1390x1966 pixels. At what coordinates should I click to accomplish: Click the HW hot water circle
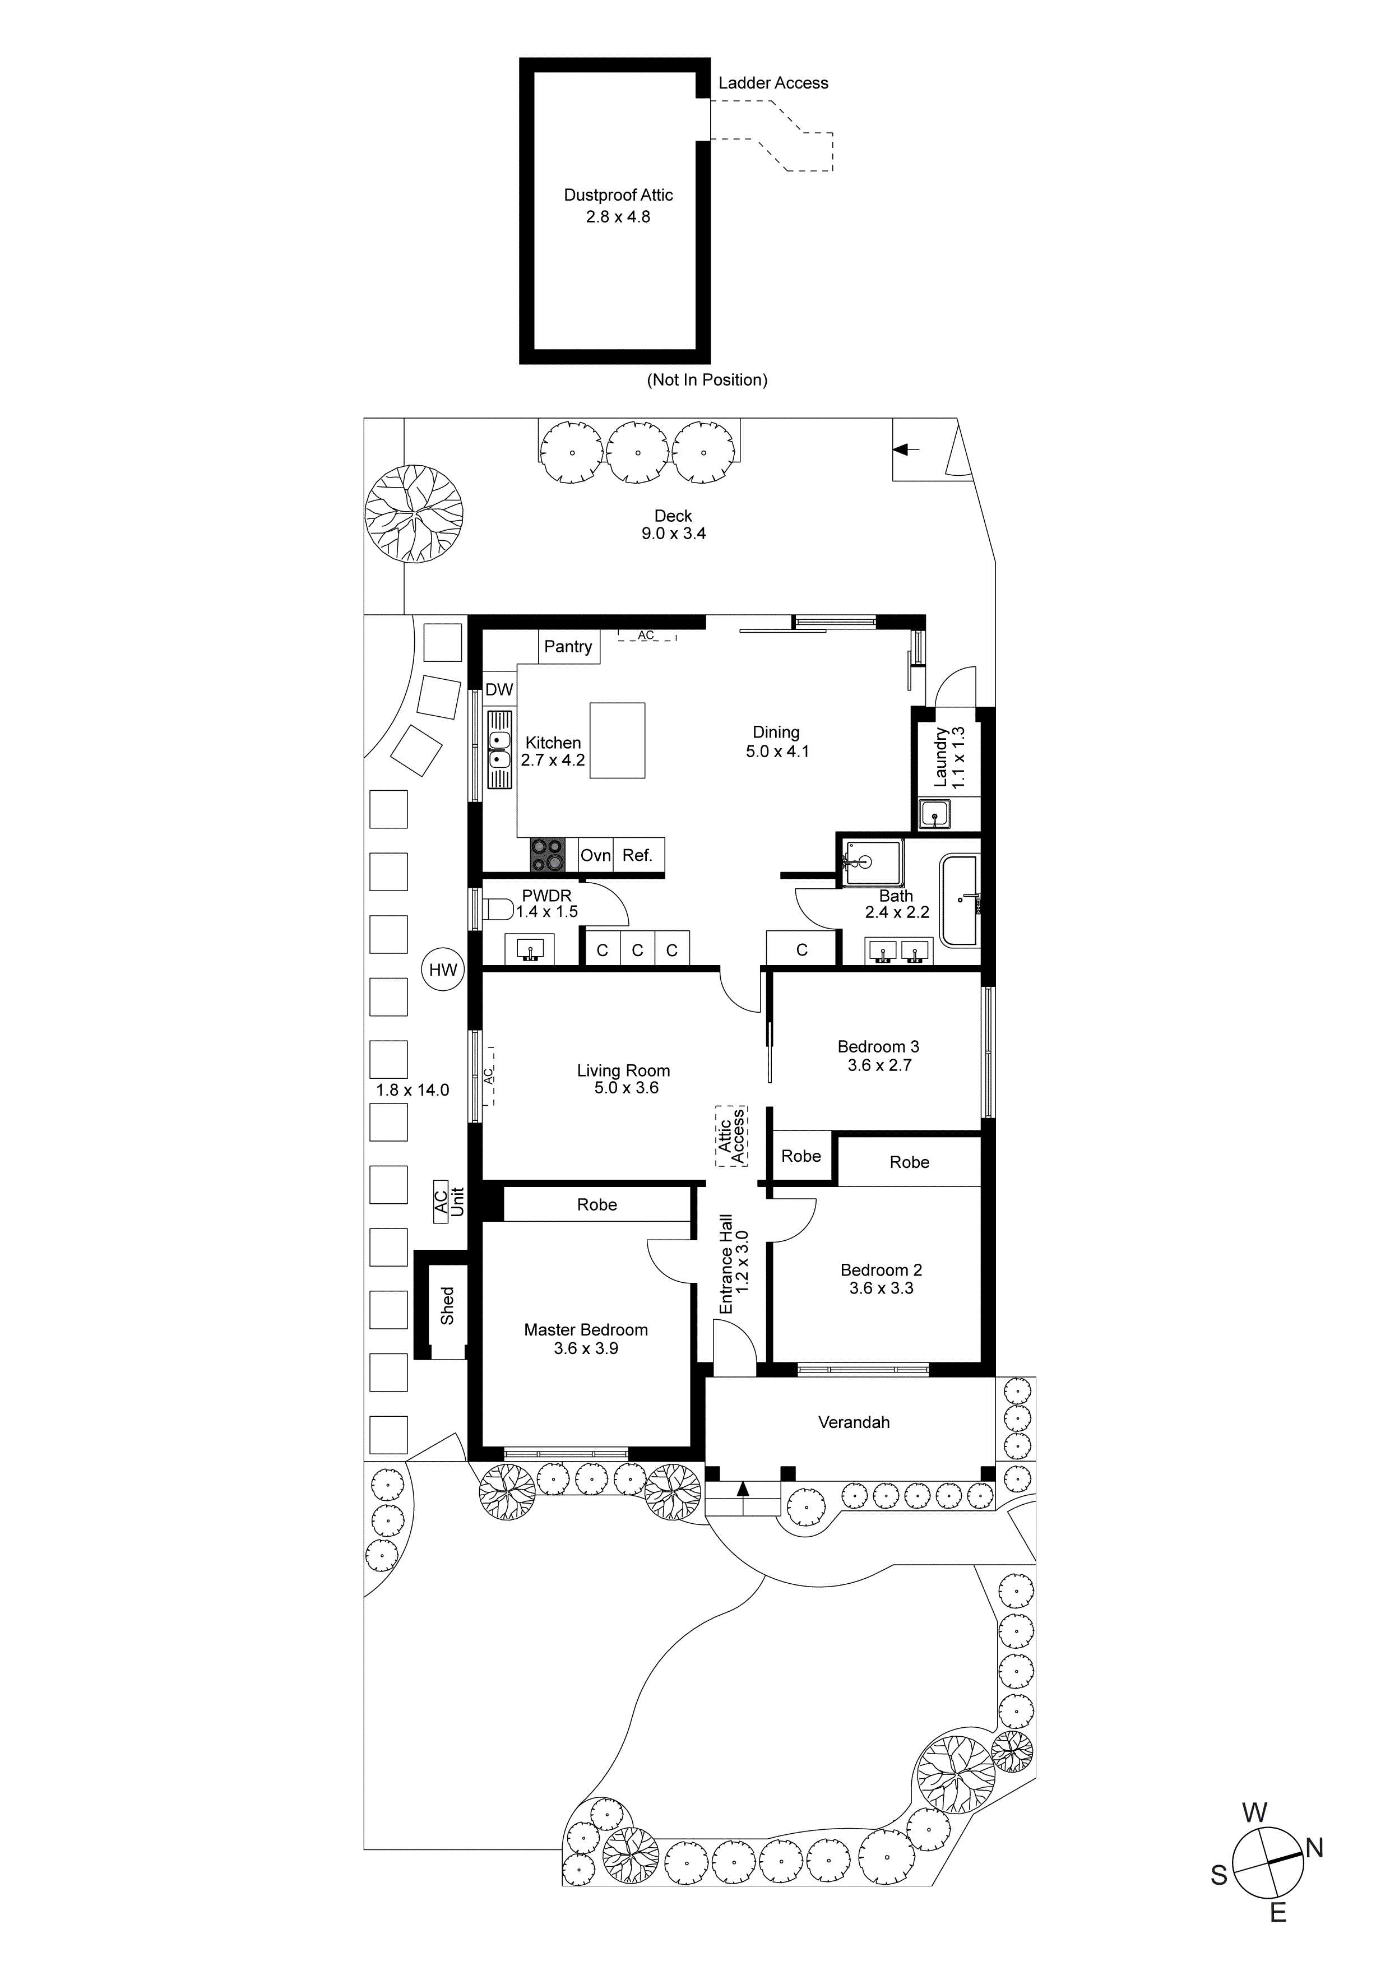pos(443,970)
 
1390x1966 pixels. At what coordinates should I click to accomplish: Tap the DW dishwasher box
pos(499,690)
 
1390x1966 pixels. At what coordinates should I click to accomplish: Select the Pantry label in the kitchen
pos(568,647)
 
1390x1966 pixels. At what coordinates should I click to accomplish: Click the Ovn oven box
pos(595,855)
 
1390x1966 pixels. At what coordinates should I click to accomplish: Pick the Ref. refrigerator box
pos(638,855)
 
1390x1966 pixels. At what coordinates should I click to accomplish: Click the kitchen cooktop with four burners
pos(548,855)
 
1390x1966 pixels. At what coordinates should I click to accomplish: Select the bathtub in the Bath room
pos(960,900)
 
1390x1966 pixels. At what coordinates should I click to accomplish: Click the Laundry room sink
pos(934,814)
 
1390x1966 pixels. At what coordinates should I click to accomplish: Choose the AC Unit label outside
pos(448,1202)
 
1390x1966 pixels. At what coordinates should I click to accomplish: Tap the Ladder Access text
pos(772,83)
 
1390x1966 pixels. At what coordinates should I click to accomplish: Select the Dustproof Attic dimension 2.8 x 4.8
pos(618,217)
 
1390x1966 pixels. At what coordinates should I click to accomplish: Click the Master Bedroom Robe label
pos(596,1205)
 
